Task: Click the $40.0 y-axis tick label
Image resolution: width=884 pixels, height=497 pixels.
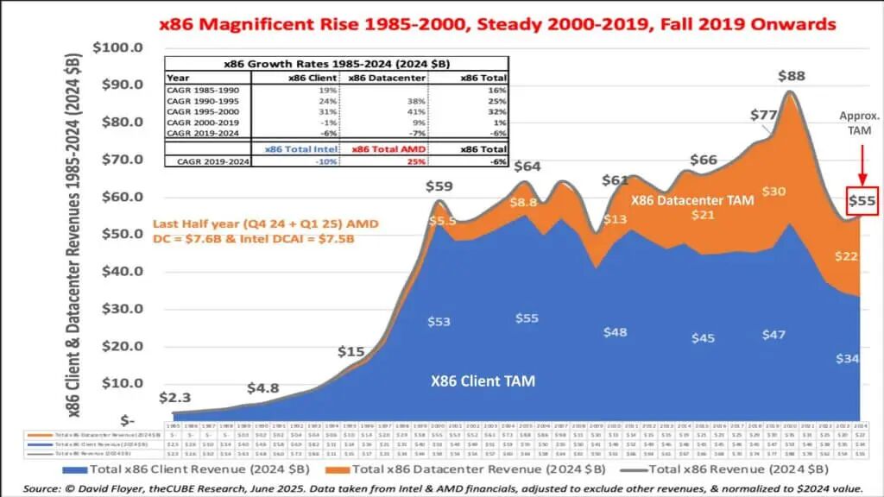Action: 125,271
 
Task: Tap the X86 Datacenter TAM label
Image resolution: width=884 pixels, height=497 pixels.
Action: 692,200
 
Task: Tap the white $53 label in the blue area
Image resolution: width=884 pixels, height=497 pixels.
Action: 439,322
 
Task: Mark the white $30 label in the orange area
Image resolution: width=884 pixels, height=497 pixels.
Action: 773,192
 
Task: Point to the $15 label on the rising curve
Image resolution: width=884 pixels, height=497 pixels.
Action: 350,351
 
